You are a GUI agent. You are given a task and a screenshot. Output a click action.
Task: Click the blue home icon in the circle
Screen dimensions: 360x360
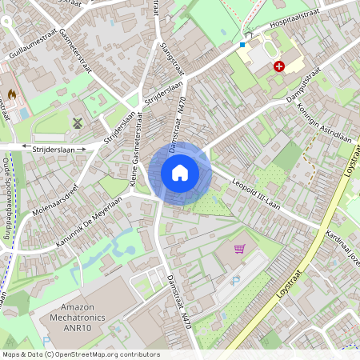point(180,172)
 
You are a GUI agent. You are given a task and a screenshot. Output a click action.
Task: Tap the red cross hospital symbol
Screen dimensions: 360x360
point(278,67)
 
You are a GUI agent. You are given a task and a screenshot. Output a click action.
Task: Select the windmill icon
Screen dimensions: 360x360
point(78,123)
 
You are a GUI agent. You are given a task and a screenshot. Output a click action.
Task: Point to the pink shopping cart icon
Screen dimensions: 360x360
point(239,248)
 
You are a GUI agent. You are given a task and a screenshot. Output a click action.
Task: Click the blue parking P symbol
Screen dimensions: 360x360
point(235,281)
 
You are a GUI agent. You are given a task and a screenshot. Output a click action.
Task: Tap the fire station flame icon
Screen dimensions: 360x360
point(12,95)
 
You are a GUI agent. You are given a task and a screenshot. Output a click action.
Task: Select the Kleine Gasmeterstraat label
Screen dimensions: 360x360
point(137,157)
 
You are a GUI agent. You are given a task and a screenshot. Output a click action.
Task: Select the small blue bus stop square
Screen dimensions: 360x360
point(242,45)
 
